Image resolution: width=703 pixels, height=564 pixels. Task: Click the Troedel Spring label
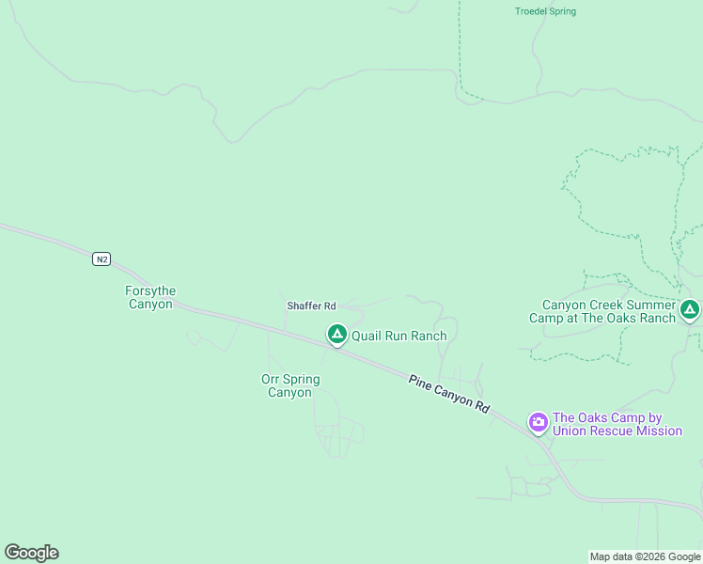click(x=545, y=11)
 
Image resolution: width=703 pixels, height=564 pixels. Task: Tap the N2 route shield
click(x=102, y=258)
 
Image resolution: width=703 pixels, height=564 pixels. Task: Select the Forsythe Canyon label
click(x=150, y=298)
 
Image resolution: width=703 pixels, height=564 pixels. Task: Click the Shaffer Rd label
click(x=311, y=306)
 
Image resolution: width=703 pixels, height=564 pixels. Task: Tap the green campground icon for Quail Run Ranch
click(x=336, y=334)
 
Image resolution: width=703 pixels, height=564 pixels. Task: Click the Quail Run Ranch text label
click(x=398, y=336)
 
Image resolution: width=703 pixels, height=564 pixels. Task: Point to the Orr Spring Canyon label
click(x=290, y=386)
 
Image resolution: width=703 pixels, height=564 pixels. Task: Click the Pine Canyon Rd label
click(x=449, y=394)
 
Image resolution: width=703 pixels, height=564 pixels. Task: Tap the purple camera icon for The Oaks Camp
click(x=539, y=422)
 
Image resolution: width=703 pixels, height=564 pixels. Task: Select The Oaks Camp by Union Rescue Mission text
click(x=617, y=425)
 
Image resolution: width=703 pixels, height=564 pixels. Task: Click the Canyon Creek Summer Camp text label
click(x=609, y=311)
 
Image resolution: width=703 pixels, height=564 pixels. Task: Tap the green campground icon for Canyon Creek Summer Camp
click(x=690, y=308)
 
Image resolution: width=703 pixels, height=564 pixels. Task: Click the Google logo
click(x=31, y=553)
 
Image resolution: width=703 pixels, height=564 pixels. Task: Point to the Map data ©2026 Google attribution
click(x=644, y=556)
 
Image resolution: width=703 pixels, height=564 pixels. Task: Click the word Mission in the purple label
click(x=659, y=431)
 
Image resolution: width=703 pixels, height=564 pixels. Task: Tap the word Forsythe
click(x=150, y=291)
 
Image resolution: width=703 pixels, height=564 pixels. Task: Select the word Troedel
click(x=531, y=11)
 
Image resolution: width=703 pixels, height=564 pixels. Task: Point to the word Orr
click(x=272, y=380)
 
